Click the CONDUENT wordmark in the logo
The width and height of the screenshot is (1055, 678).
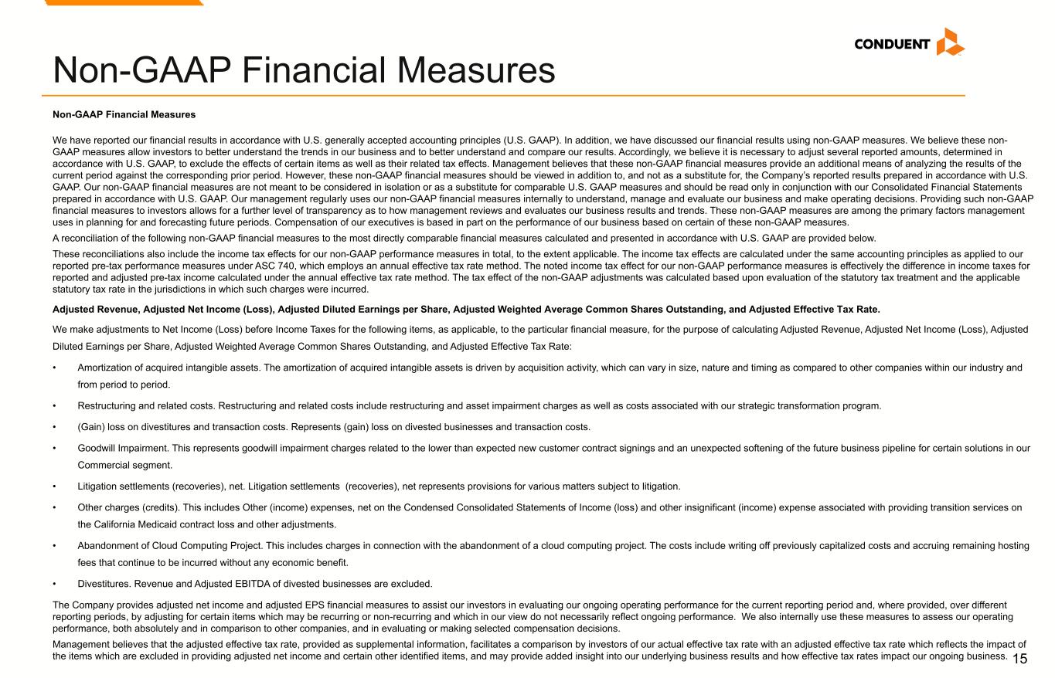click(x=892, y=44)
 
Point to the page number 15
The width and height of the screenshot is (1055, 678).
click(x=1020, y=659)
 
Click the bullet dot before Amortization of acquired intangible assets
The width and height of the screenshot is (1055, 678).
click(x=55, y=368)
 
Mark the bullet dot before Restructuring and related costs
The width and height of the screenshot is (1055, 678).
click(x=55, y=405)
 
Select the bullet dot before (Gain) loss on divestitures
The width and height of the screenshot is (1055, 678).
click(x=55, y=427)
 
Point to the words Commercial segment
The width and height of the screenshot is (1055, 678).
click(x=124, y=465)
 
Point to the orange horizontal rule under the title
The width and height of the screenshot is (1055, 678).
click(x=509, y=95)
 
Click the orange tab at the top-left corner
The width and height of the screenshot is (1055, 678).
click(x=124, y=2)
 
